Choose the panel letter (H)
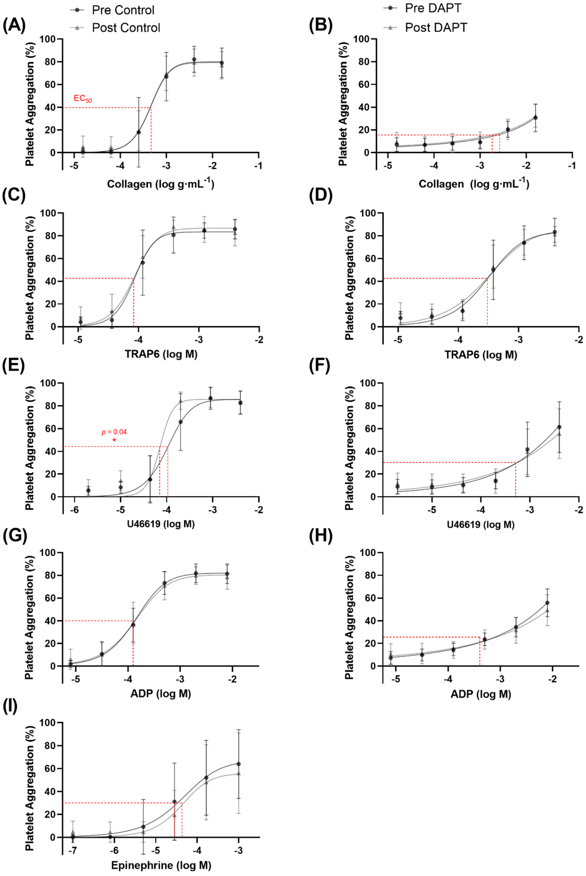321,537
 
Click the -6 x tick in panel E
75,510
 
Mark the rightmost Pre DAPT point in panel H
548,603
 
